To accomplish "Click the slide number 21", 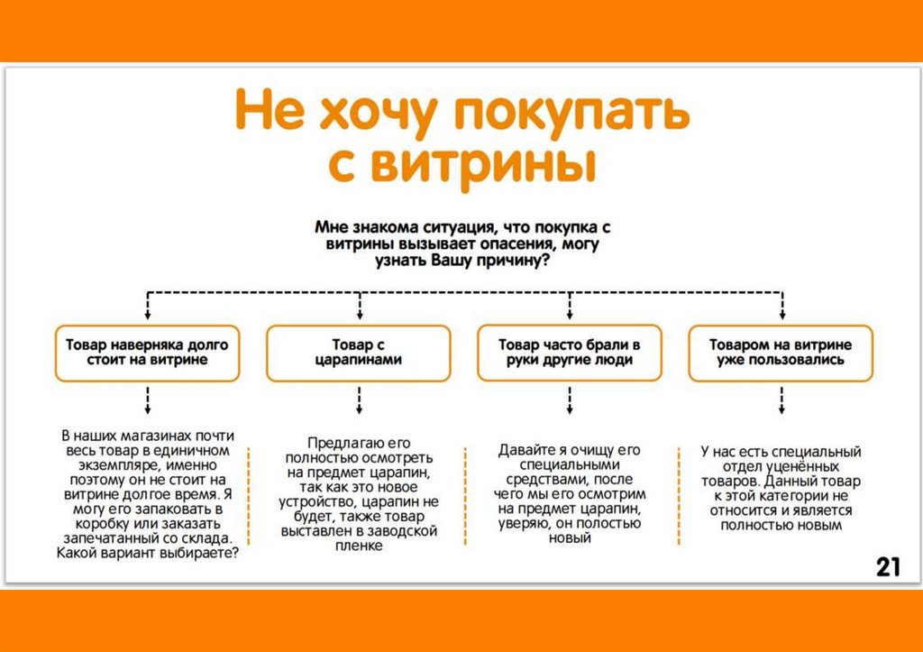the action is [888, 567].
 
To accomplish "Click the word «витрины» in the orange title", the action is [499, 165].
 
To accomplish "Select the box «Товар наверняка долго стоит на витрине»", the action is [148, 352].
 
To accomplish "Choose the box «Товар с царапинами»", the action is [359, 352].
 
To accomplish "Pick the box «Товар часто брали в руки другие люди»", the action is [570, 352].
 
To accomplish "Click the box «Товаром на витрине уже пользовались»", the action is [781, 352].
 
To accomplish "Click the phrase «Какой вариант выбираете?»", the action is [148, 554].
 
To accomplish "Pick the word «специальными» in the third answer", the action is [569, 464].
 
